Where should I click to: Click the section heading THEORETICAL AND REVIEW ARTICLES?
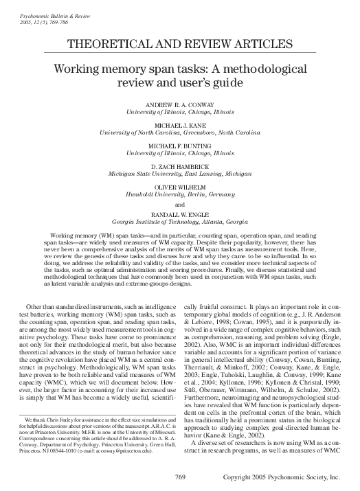tap(180, 45)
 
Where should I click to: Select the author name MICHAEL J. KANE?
tap(180, 126)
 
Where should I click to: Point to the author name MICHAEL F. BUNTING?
tap(180, 146)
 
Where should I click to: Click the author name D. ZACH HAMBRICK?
tap(180, 166)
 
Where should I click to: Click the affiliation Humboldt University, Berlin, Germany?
tap(180, 194)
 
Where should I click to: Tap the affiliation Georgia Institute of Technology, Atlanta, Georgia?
tap(180, 222)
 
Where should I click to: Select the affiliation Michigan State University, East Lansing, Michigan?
tap(180, 174)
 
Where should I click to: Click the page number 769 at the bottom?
tap(181, 477)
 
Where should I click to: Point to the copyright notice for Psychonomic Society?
tap(286, 477)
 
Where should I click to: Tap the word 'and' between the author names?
tap(180, 204)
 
